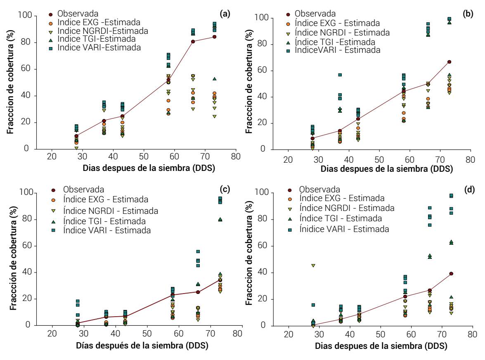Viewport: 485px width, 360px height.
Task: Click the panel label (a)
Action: tap(225, 14)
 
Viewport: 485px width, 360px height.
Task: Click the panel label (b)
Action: tap(468, 14)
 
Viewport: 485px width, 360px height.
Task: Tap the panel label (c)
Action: tap(225, 189)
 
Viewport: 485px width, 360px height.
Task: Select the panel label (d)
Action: tap(468, 189)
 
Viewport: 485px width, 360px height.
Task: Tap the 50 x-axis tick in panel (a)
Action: tap(144, 157)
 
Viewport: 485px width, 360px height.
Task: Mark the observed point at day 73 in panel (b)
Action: tap(449, 62)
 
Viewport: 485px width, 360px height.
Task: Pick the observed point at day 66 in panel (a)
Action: tap(193, 41)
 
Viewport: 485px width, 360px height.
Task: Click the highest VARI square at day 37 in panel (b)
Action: tap(340, 75)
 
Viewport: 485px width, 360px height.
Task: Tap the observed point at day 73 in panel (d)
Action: tap(451, 274)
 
